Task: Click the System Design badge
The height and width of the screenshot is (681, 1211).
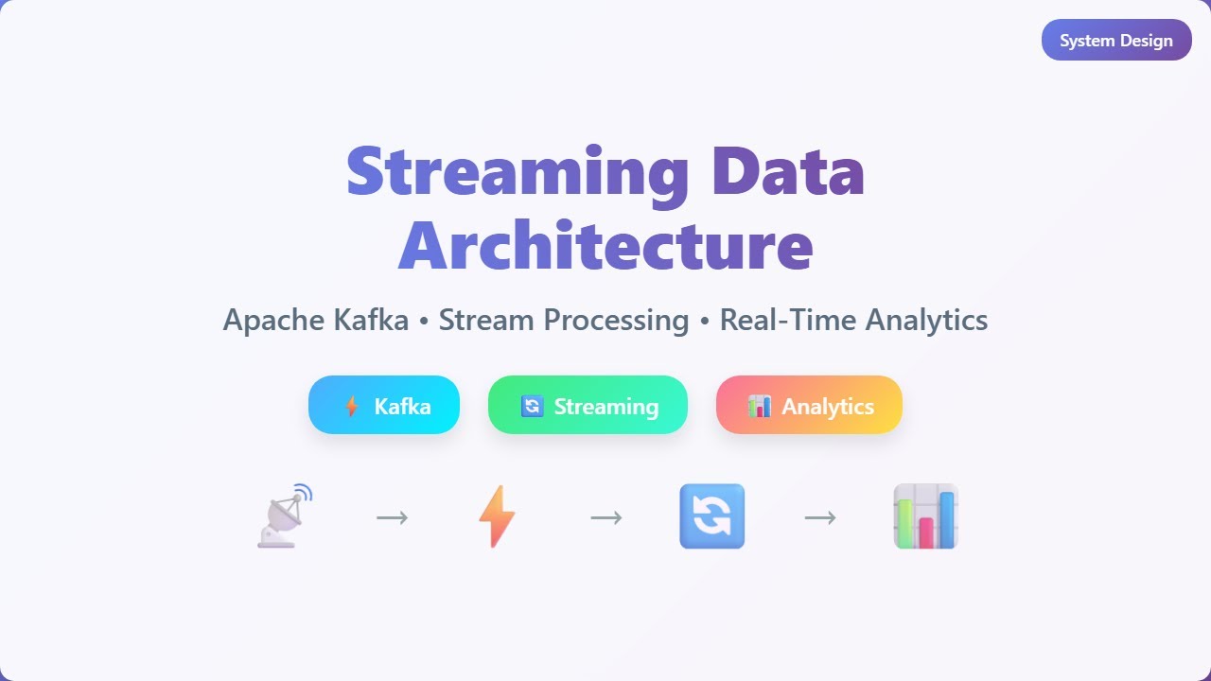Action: click(1116, 41)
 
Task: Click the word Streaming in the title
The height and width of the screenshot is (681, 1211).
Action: click(518, 171)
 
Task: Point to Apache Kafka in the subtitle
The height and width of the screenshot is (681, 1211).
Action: click(316, 320)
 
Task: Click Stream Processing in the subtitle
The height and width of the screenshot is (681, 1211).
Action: click(564, 320)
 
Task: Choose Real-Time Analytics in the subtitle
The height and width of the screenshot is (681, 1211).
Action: click(853, 320)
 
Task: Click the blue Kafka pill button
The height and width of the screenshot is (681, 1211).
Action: click(384, 406)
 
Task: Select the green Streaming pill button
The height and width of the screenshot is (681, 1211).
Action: click(588, 406)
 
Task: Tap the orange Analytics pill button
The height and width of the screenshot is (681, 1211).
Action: click(809, 406)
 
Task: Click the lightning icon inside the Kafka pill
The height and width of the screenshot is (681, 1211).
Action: click(352, 407)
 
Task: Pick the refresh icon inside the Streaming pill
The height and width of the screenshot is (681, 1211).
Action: click(533, 407)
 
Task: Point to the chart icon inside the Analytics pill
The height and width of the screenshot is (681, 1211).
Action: click(759, 407)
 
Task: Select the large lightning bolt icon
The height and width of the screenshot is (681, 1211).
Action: click(498, 516)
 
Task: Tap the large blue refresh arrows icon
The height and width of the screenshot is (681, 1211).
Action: click(712, 516)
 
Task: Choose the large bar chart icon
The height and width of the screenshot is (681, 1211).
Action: click(926, 516)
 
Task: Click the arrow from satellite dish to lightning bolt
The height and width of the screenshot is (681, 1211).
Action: click(392, 517)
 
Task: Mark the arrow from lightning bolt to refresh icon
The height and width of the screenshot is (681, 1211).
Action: click(606, 517)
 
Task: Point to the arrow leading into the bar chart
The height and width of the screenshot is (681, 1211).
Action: click(820, 517)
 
